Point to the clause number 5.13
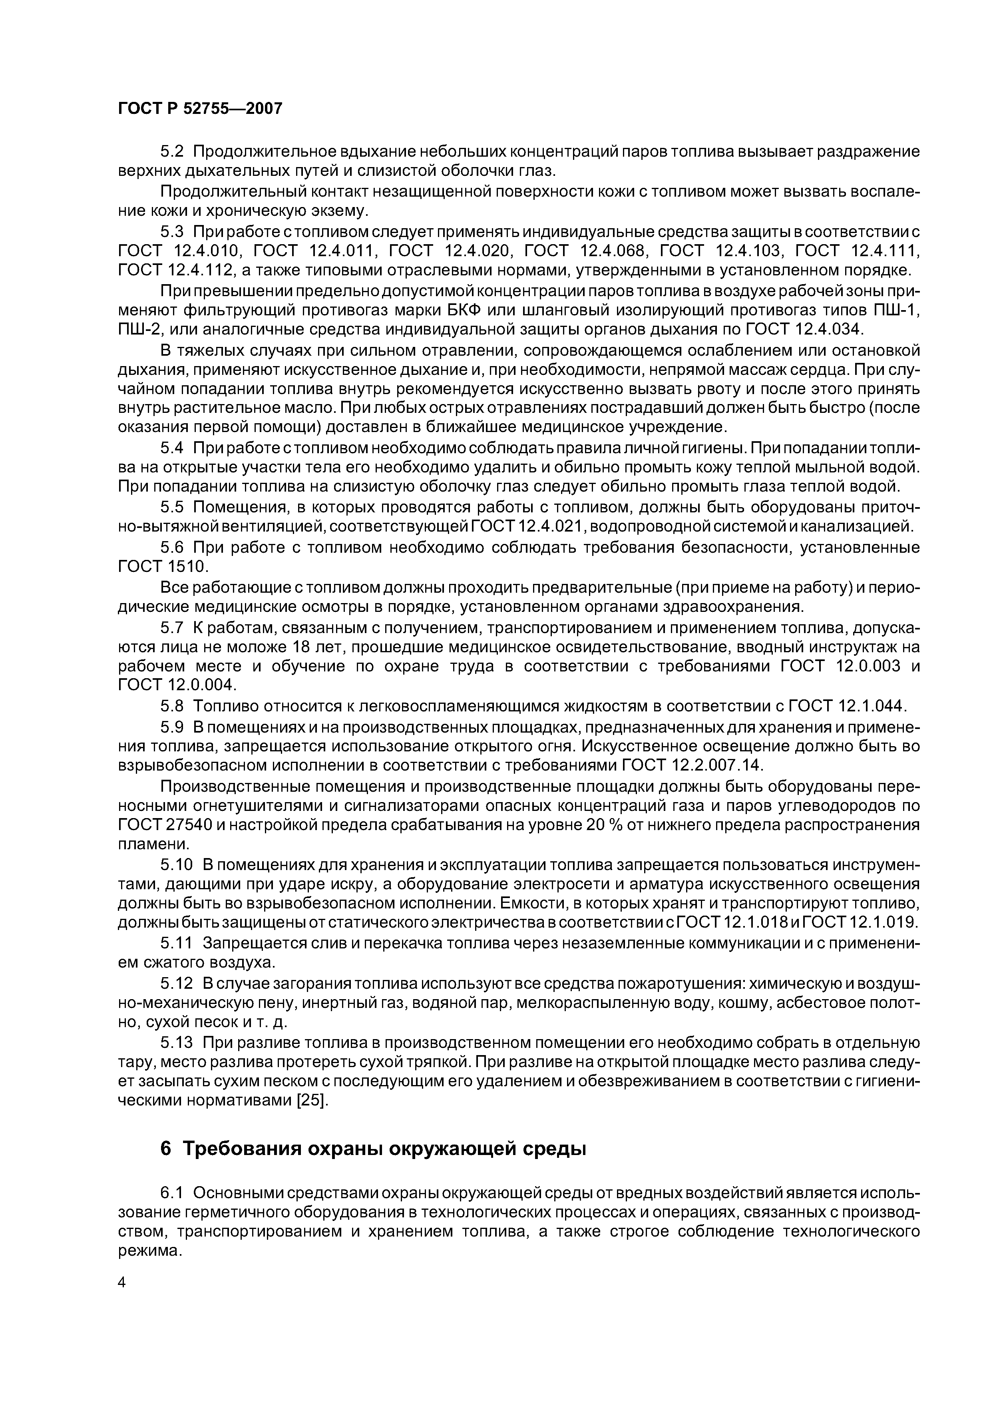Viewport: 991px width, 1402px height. click(177, 1042)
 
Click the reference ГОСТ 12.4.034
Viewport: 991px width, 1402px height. click(804, 330)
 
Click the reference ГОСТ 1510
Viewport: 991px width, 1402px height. click(162, 566)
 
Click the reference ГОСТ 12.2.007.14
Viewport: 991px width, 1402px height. click(693, 765)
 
